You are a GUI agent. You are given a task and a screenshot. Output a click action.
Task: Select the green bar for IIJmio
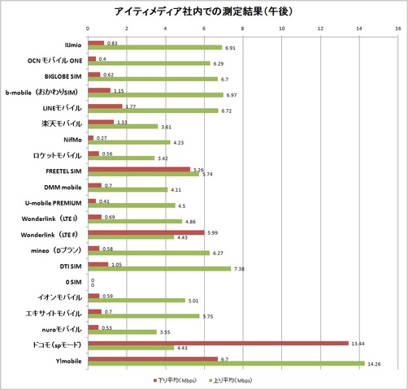(x=154, y=48)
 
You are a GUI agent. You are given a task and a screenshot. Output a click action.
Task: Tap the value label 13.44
(x=359, y=343)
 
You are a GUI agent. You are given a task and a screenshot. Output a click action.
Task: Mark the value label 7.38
(x=241, y=269)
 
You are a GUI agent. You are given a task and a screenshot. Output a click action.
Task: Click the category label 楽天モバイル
(x=61, y=123)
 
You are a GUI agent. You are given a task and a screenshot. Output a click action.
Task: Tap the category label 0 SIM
(x=70, y=280)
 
